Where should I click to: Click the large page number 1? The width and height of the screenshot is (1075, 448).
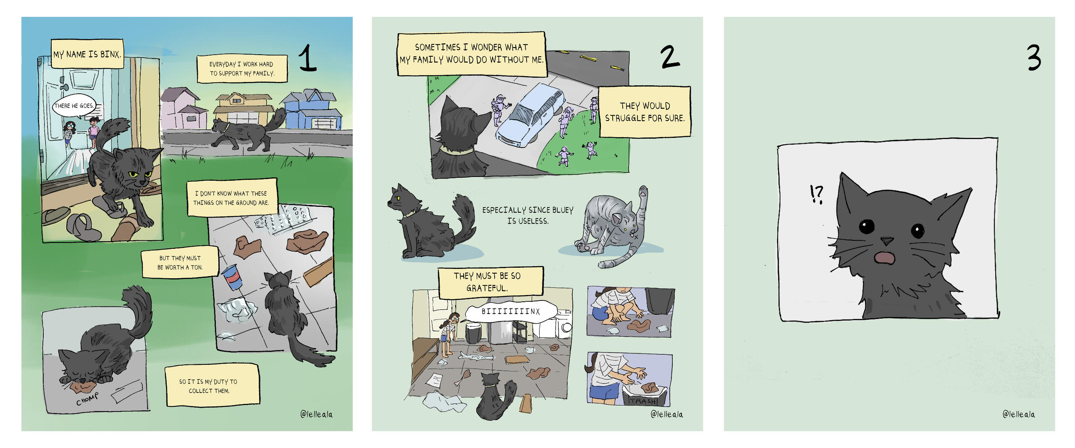308,58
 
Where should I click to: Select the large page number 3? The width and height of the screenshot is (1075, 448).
1034,58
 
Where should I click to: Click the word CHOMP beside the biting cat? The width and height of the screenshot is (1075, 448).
87,399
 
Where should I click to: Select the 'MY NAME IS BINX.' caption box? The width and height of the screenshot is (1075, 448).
87,54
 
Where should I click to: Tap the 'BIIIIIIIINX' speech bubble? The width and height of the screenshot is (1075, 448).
511,312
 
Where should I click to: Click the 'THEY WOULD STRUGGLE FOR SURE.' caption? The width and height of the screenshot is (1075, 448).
645,112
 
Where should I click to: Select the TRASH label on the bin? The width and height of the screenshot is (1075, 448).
642,401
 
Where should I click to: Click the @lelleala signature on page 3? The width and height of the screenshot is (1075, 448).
1019,414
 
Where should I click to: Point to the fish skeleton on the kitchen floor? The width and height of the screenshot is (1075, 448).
476,357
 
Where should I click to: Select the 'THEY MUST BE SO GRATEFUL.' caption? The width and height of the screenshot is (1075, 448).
490,282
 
